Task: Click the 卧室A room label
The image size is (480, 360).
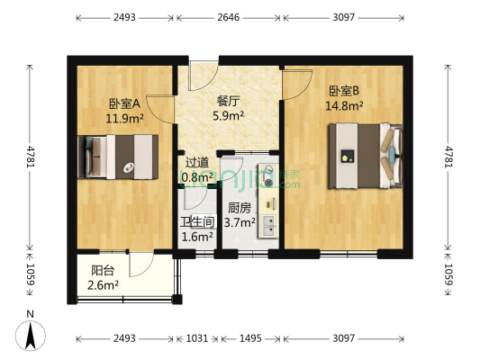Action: [124, 103]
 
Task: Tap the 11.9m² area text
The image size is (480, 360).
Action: [124, 117]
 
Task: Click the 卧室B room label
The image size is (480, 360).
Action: [344, 91]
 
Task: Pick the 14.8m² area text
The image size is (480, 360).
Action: [344, 105]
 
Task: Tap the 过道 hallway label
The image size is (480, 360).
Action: [196, 163]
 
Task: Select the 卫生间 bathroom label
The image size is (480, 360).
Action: [196, 222]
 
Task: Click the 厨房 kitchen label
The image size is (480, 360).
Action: [239, 208]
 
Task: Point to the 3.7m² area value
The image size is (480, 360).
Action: [239, 222]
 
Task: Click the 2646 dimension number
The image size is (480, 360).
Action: [229, 17]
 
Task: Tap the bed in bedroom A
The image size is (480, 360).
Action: [117, 156]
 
